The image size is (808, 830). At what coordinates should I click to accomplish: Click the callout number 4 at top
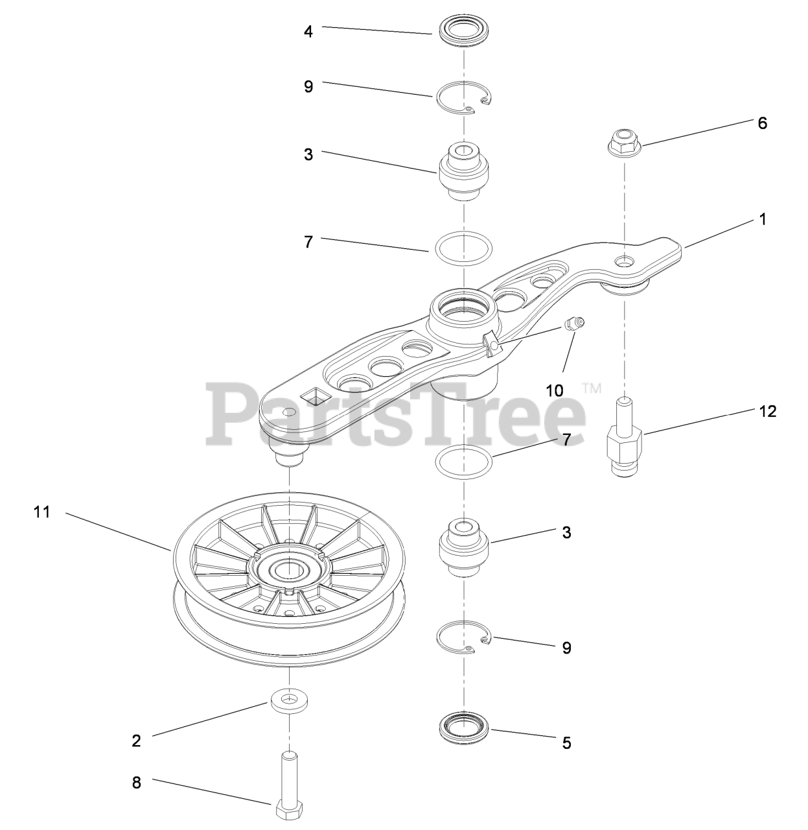click(308, 30)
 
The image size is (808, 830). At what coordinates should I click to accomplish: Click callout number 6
click(762, 123)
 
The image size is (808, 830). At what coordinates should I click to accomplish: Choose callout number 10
click(555, 390)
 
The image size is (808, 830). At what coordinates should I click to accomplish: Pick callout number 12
click(767, 411)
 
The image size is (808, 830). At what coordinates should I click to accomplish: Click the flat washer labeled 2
click(288, 702)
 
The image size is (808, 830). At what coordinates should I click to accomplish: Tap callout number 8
click(136, 783)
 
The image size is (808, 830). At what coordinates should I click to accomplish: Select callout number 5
click(566, 743)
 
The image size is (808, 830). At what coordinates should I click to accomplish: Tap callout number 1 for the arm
click(763, 219)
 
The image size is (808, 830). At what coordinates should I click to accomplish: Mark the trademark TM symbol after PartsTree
click(592, 389)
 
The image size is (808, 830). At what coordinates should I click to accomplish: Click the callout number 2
click(136, 741)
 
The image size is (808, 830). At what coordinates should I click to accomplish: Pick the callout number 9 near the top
click(308, 86)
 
